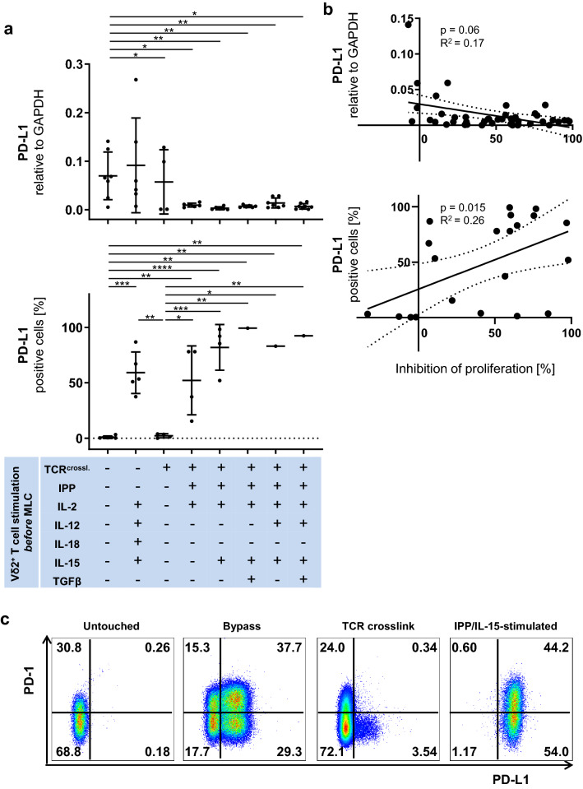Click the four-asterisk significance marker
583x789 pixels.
pos(151,268)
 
